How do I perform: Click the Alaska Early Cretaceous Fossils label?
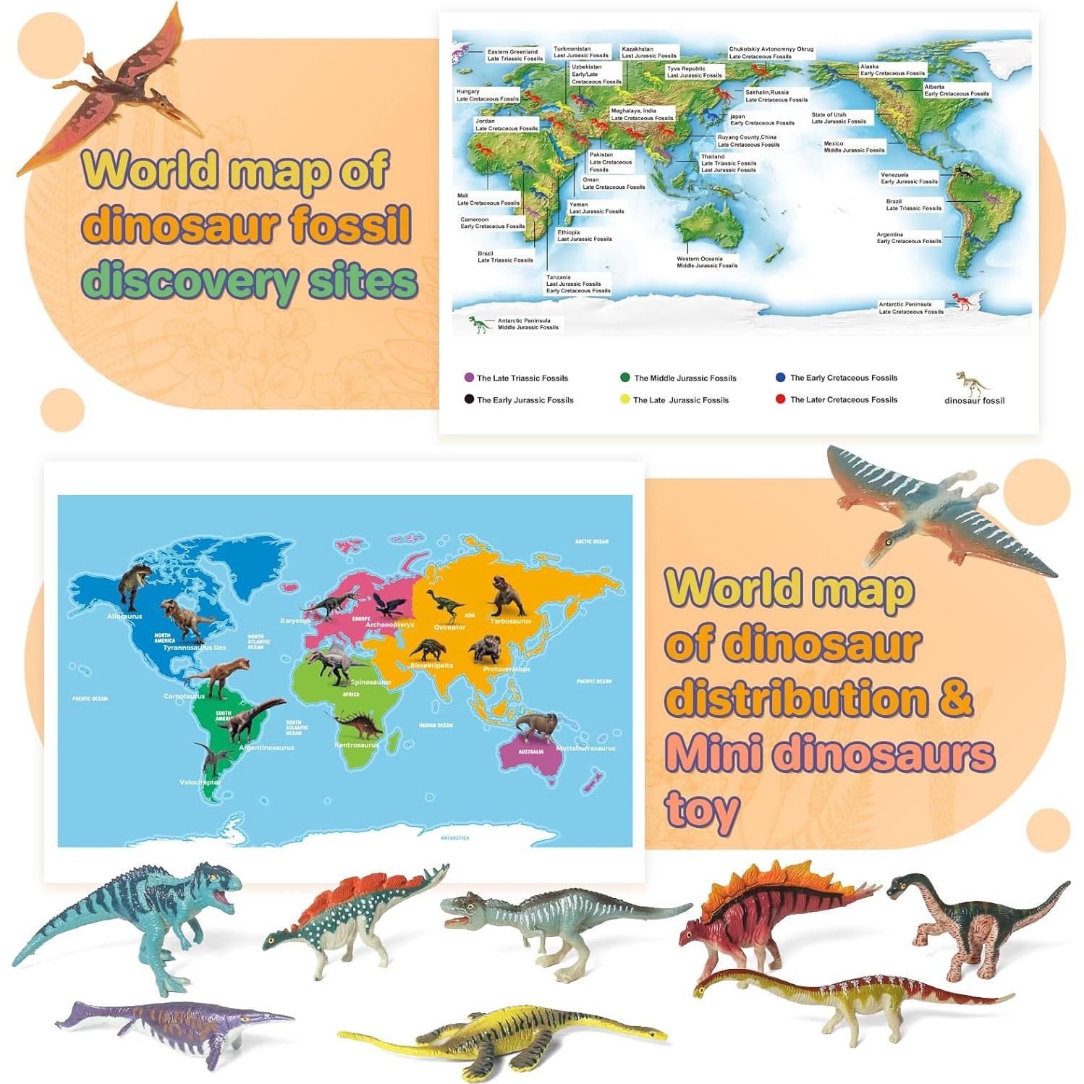(892, 69)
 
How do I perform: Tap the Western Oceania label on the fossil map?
(706, 262)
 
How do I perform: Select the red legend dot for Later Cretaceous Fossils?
(780, 399)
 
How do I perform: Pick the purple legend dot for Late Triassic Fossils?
(469, 377)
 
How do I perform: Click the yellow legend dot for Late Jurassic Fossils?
(625, 399)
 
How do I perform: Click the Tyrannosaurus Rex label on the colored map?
(194, 648)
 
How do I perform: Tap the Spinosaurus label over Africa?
(370, 682)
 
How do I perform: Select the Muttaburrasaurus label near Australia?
(585, 748)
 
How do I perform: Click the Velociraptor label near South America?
(200, 782)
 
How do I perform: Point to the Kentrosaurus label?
(356, 745)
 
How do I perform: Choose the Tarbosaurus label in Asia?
(510, 621)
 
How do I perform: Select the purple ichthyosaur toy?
(174, 1028)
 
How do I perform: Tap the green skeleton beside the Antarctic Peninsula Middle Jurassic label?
(478, 324)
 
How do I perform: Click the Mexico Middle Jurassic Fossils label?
(854, 147)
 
